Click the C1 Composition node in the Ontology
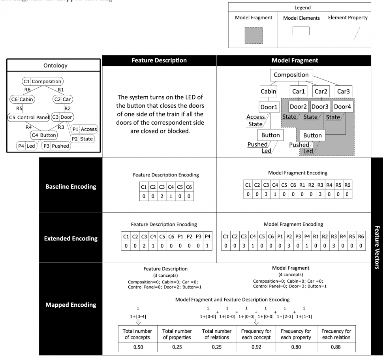click(x=43, y=82)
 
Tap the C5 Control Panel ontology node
click(x=29, y=117)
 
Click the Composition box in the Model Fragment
click(x=291, y=75)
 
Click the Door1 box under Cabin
click(x=270, y=107)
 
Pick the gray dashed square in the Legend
click(x=254, y=35)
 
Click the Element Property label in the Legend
click(x=348, y=18)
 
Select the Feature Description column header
click(x=159, y=61)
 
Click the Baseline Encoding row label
click(x=71, y=186)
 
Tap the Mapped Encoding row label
click(x=71, y=305)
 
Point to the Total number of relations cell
click(x=216, y=334)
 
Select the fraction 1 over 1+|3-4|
click(x=137, y=313)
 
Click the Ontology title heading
click(x=55, y=66)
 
